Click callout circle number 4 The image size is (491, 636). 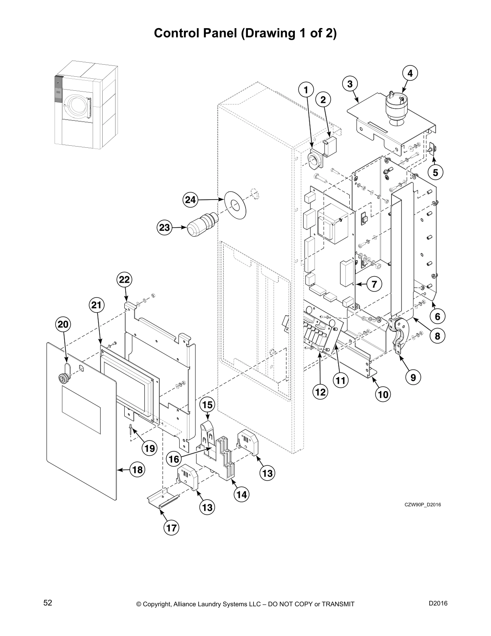pyautogui.click(x=410, y=73)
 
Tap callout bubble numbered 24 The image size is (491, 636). pyautogui.click(x=191, y=200)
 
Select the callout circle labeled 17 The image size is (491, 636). pyautogui.click(x=171, y=528)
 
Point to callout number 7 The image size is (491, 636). pyautogui.click(x=374, y=284)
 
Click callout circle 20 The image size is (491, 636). pyautogui.click(x=64, y=324)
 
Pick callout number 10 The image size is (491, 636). pyautogui.click(x=383, y=394)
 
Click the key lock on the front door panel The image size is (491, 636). pyautogui.click(x=63, y=378)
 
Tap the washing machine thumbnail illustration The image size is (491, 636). pyautogui.click(x=86, y=104)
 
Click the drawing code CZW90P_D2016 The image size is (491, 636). pyautogui.click(x=422, y=505)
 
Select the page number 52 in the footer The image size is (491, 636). pyautogui.click(x=48, y=603)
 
